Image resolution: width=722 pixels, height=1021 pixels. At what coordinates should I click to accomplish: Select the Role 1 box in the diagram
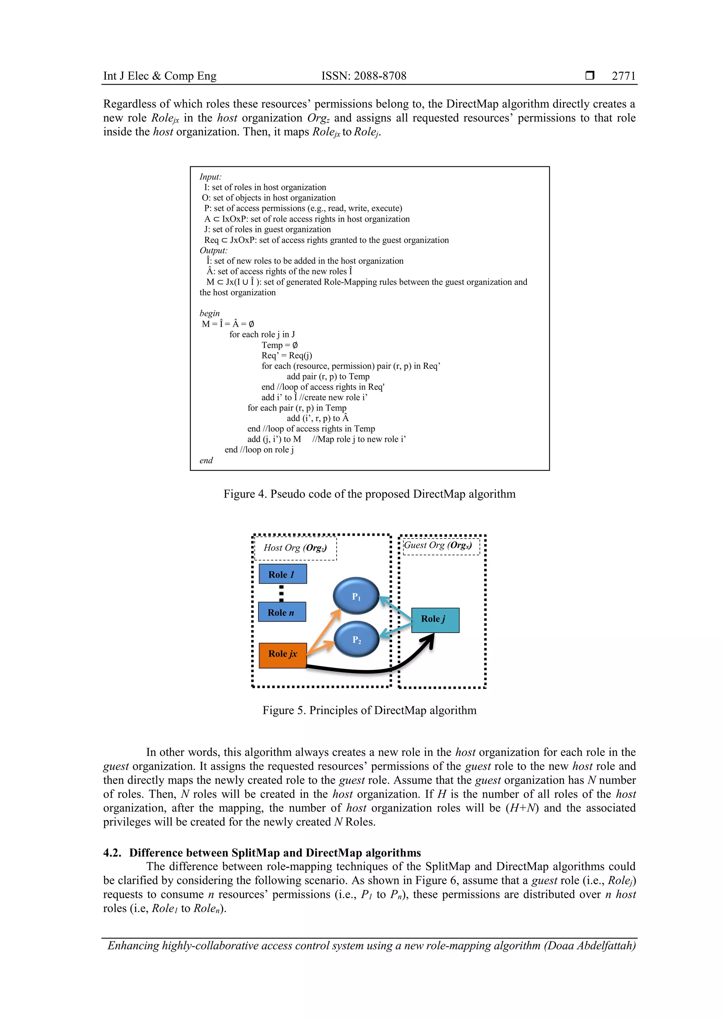point(282,574)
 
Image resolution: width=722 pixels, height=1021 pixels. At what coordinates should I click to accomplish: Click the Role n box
point(282,612)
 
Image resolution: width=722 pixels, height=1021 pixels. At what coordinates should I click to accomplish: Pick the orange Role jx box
point(282,654)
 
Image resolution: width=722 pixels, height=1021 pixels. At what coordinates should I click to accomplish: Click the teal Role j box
point(435,620)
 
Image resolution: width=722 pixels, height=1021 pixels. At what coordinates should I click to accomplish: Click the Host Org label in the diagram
point(295,548)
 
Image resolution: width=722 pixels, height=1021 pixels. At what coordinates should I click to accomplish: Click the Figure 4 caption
point(369,494)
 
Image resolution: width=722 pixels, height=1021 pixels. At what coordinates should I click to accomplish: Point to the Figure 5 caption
point(369,710)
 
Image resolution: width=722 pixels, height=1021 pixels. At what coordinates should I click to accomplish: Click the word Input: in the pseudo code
point(210,177)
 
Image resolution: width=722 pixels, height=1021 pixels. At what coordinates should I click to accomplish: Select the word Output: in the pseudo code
point(213,250)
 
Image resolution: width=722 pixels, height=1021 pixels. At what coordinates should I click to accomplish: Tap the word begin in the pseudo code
point(209,313)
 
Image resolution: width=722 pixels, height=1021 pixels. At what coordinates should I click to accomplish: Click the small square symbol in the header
point(590,75)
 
